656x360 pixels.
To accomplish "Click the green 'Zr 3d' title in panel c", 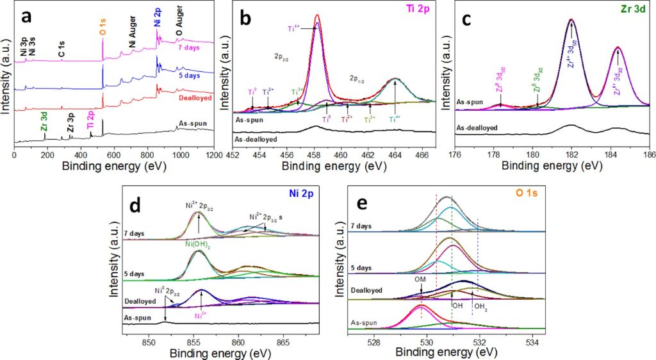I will pos(633,11).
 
